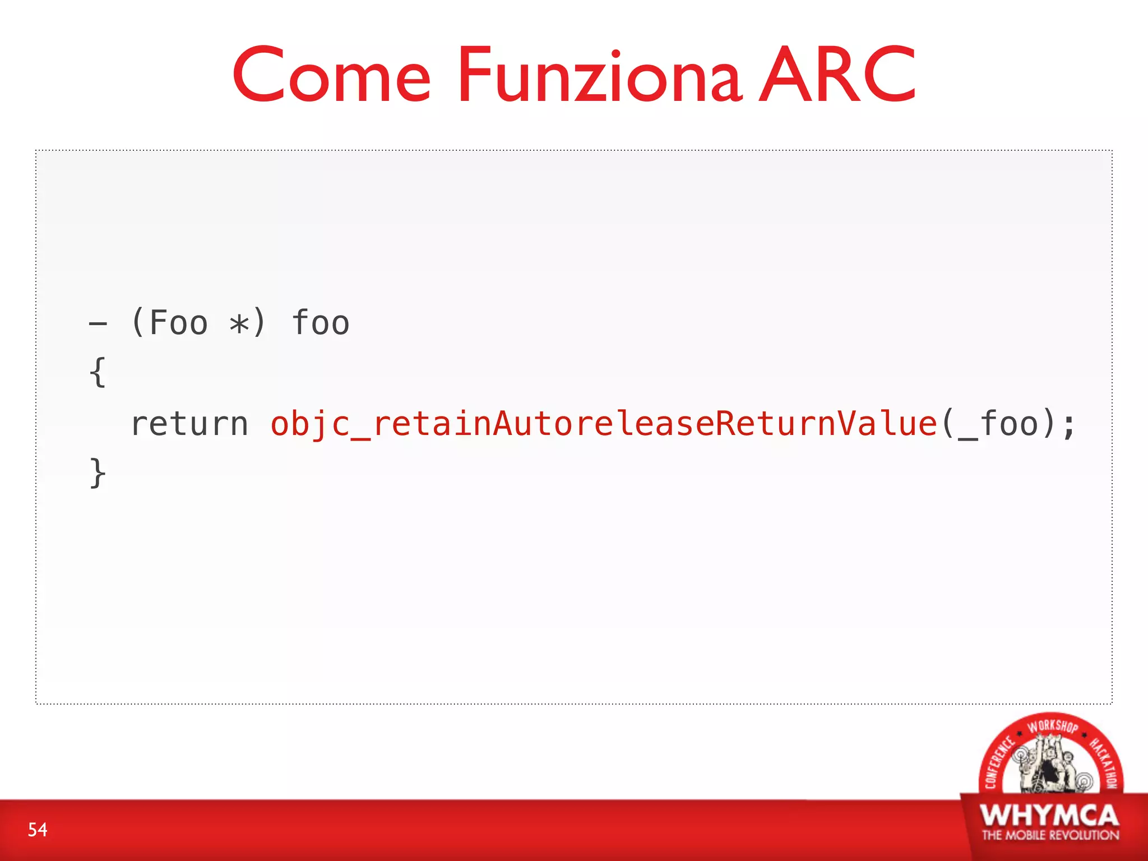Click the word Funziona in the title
pos(600,76)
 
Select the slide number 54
pos(38,830)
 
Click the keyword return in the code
pos(189,424)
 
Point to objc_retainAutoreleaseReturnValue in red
pos(604,424)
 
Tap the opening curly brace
pos(98,372)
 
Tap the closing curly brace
pos(98,473)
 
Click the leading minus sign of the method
pos(98,323)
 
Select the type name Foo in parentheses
pos(178,323)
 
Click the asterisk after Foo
pos(239,324)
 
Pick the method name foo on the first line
pos(321,323)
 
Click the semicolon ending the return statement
pos(1068,425)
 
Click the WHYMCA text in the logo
pos(1049,816)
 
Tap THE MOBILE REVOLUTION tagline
pos(1050,835)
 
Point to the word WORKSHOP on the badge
pos(1052,726)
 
